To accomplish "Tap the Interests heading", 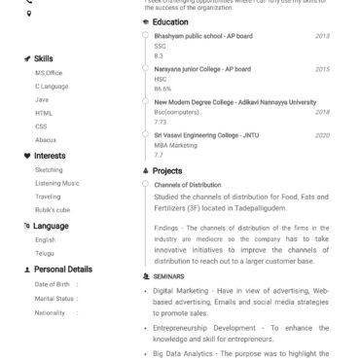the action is click(50, 155).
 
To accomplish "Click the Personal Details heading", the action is click(63, 269).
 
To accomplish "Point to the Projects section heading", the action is click(166, 171).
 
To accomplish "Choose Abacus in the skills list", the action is click(47, 139).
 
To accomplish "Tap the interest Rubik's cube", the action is click(54, 208).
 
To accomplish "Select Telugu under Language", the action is click(45, 251).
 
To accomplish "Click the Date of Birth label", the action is click(53, 284).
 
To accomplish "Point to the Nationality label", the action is click(50, 312).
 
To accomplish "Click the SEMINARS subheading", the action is click(169, 275).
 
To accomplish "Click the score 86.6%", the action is click(162, 89).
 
